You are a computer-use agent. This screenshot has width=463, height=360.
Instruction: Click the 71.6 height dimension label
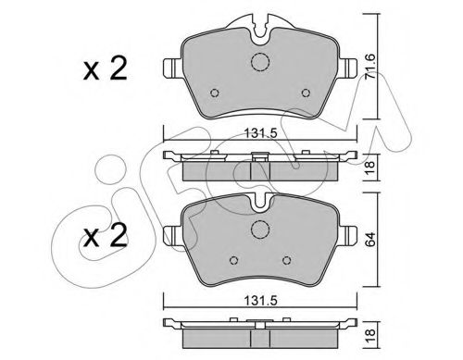370,67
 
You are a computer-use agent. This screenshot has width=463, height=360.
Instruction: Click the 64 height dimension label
370,239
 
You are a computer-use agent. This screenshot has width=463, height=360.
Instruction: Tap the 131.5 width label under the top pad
261,133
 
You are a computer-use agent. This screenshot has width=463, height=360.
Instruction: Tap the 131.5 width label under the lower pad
261,300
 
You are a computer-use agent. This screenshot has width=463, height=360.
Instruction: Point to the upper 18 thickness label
370,168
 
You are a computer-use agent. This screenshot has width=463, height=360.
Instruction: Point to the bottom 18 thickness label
370,335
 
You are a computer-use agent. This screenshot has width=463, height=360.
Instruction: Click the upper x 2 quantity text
105,69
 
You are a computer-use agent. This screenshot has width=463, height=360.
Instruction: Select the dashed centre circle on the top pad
260,62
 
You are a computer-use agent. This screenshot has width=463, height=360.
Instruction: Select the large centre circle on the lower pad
260,230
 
